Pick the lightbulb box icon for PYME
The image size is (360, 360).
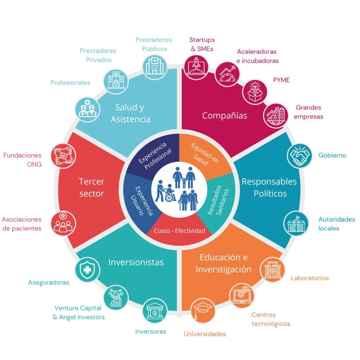click(255, 92)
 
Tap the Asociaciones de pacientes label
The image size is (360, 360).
click(22, 224)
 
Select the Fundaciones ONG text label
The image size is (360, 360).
click(22, 160)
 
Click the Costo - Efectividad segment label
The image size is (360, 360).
click(180, 231)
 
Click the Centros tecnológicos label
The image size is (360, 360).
click(271, 319)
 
